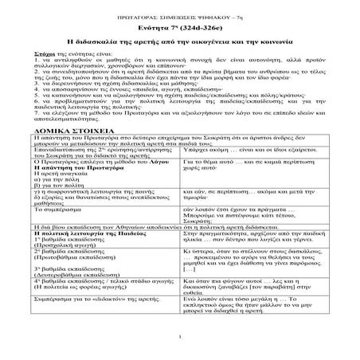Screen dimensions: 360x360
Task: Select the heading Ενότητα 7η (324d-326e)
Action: tap(179, 25)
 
